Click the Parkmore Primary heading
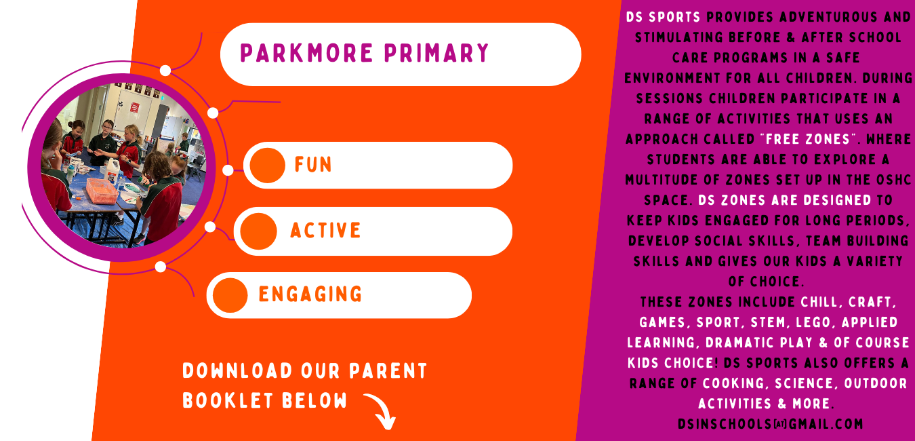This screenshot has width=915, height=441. pyautogui.click(x=365, y=53)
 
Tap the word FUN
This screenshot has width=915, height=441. pyautogui.click(x=313, y=164)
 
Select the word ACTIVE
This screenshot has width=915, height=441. pyautogui.click(x=325, y=231)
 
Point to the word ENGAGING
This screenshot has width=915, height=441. pyautogui.click(x=310, y=294)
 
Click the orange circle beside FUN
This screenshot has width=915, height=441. pyautogui.click(x=267, y=165)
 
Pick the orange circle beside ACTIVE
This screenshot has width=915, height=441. pyautogui.click(x=258, y=231)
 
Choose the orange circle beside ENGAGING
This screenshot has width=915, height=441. pyautogui.click(x=230, y=295)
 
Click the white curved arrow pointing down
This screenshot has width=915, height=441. pyautogui.click(x=379, y=410)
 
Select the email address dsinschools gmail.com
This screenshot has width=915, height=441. pyautogui.click(x=771, y=424)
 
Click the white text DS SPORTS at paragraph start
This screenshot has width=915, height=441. pyautogui.click(x=654, y=17)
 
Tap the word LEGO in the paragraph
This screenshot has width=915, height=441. pyautogui.click(x=818, y=322)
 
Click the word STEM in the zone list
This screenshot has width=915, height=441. pyautogui.click(x=771, y=322)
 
